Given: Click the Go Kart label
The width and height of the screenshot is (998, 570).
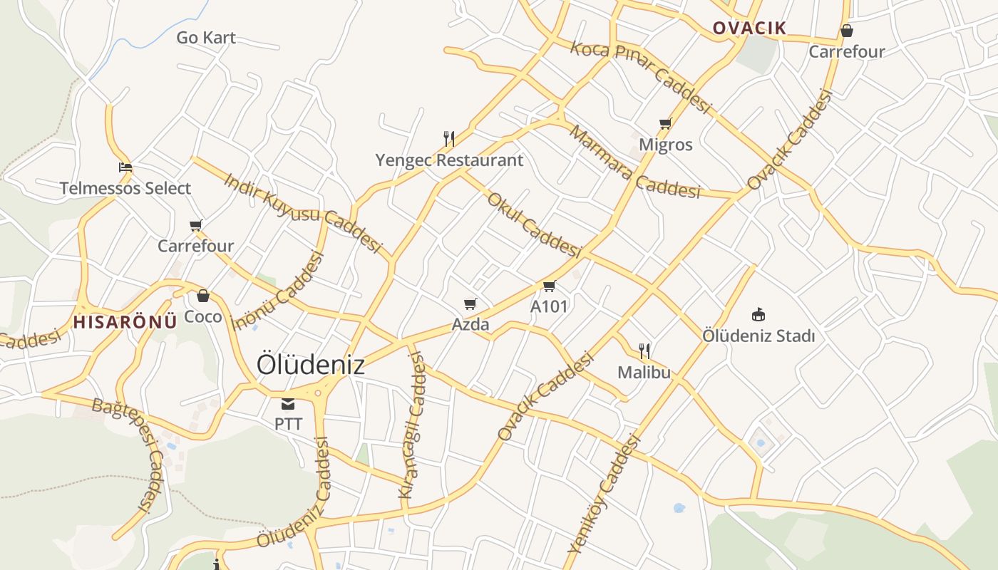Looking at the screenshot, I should click(206, 38).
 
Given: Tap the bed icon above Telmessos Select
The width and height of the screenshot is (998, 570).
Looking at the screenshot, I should click(125, 168).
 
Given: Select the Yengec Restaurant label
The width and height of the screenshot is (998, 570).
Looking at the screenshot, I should click(449, 160).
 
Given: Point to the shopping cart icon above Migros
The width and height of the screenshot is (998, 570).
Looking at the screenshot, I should click(666, 124).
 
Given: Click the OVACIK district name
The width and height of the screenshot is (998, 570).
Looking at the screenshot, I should click(749, 28).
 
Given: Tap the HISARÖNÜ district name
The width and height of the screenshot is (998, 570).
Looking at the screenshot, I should click(125, 321).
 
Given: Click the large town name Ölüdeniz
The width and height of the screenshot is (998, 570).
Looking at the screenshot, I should click(310, 364).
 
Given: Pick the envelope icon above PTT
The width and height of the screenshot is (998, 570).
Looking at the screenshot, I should click(288, 404).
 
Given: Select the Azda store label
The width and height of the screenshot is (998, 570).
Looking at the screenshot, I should click(470, 325).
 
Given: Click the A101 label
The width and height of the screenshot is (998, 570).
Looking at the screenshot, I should click(549, 306).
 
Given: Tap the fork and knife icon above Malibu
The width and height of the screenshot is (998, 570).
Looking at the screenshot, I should click(644, 351).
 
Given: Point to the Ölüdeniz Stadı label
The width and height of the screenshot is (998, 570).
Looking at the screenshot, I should click(758, 336).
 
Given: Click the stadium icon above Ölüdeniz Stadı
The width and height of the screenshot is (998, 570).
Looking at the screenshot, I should click(758, 314).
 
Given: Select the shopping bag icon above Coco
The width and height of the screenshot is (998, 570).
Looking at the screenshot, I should click(203, 295).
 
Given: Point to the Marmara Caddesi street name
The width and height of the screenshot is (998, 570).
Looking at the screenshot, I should click(634, 162).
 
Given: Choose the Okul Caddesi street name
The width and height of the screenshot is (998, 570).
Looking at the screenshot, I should click(534, 224).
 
